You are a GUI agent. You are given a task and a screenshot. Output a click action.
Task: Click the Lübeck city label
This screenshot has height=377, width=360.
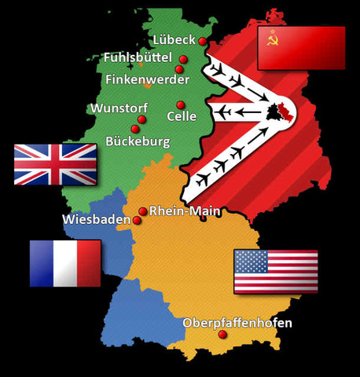coord(172,40)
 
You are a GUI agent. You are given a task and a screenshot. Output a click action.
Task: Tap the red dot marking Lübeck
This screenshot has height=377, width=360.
coord(203,41)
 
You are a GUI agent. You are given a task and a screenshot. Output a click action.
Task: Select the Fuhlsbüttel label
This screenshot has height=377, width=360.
coord(138,58)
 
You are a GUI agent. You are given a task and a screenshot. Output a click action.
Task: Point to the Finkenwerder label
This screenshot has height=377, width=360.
coord(147,79)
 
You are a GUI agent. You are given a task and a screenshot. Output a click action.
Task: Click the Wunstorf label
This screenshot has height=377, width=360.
coord(118,108)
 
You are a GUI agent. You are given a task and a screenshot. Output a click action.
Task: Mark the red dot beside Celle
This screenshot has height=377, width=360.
coord(181,104)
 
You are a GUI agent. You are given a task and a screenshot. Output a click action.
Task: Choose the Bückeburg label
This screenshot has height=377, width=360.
coord(138,141)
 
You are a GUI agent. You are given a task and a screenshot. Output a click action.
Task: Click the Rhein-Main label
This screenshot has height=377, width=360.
coord(185,210)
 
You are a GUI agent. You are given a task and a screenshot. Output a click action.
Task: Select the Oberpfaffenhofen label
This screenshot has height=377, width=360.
coord(226,323)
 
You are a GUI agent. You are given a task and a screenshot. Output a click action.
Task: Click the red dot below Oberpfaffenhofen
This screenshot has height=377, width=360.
coord(222,335)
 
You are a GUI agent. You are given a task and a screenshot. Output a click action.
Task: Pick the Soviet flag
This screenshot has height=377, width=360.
coord(302,49)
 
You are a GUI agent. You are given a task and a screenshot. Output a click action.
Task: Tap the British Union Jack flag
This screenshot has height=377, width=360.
coord(56,164)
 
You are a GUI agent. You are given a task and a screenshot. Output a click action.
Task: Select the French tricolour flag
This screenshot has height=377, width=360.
coord(65,263)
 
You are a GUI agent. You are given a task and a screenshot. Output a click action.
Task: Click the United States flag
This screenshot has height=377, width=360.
coord(276,271)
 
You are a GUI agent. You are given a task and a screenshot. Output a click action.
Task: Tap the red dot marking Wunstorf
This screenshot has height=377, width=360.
coord(142,119)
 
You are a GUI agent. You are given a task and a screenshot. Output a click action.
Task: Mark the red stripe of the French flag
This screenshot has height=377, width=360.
coord(89,263)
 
